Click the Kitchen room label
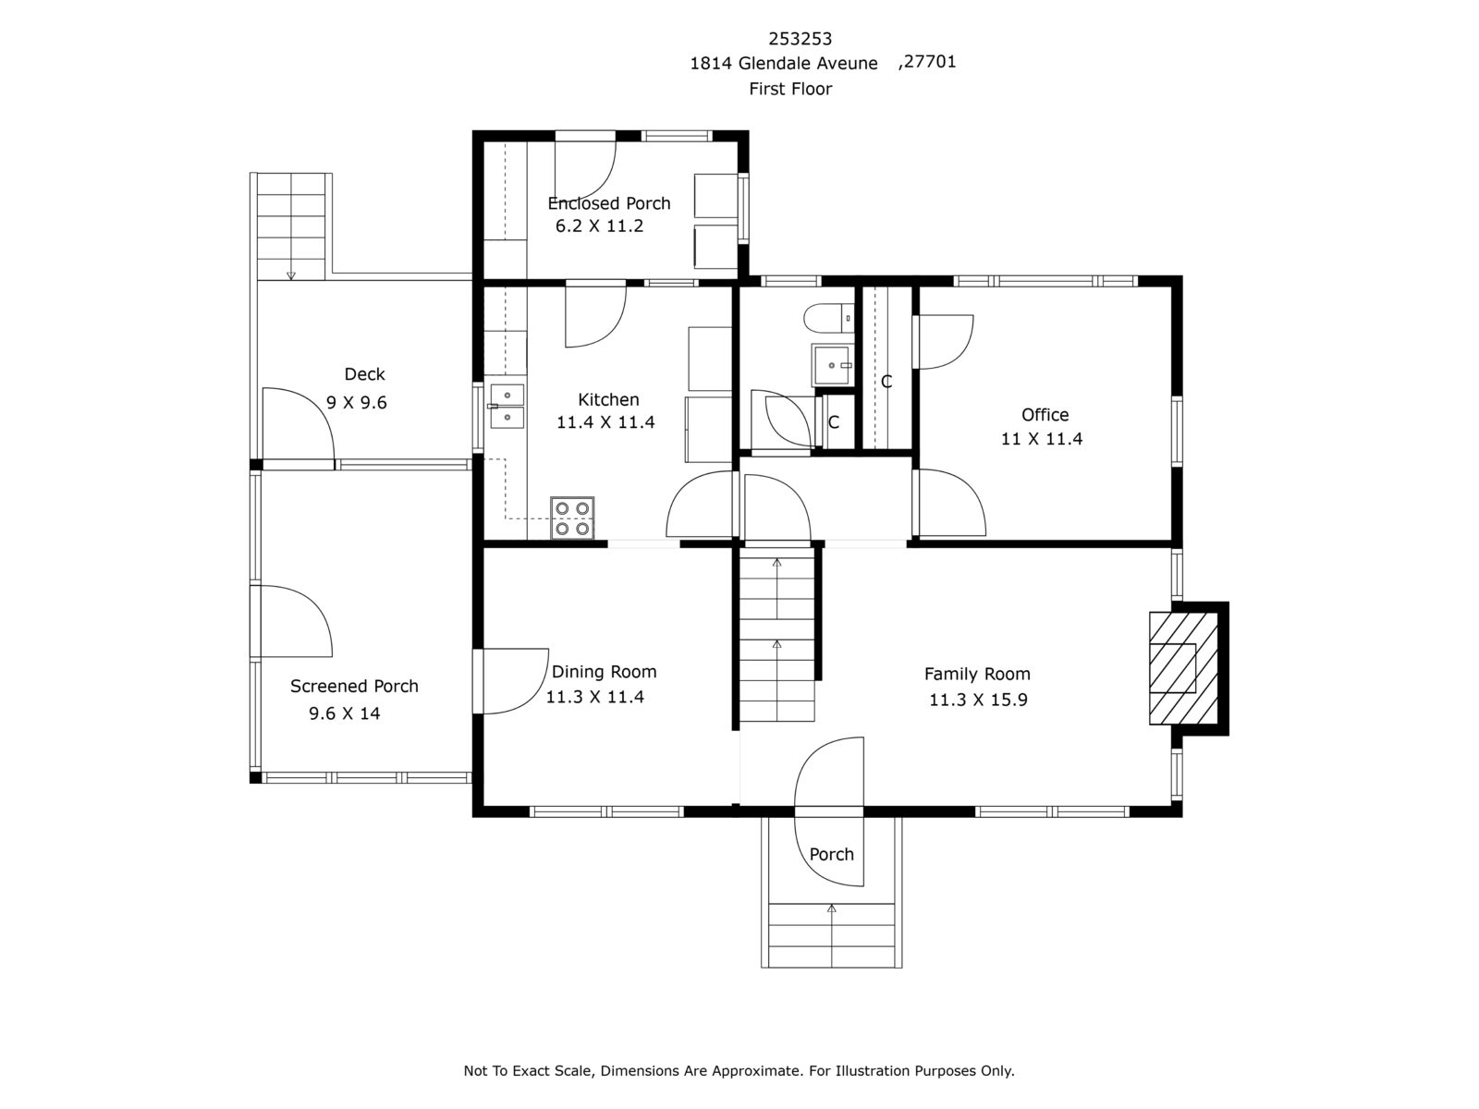coord(608,399)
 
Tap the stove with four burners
coord(572,518)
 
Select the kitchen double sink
coord(507,407)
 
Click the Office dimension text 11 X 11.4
coord(1042,439)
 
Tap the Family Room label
coord(977,674)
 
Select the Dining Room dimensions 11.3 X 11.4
coord(594,697)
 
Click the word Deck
coord(364,374)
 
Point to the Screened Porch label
coord(354,686)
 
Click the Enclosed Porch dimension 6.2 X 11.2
coord(599,225)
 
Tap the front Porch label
coord(831,854)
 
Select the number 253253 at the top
coord(800,39)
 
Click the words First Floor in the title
coord(790,89)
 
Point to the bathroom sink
coord(833,365)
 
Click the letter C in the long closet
coord(886,382)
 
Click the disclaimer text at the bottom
coord(739,1070)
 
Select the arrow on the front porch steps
coord(831,909)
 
